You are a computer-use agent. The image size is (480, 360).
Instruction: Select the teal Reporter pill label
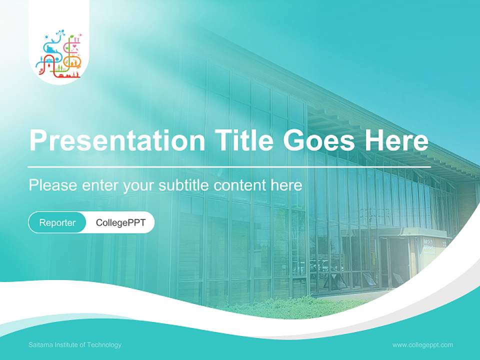[x=57, y=222]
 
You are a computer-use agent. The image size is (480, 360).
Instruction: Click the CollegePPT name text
[x=120, y=222]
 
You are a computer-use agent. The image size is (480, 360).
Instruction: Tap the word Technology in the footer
[x=105, y=345]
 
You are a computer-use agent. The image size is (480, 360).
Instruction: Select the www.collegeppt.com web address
[x=422, y=345]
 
